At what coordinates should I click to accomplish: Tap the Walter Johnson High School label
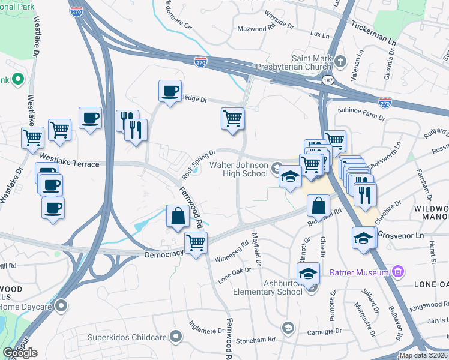click(238, 169)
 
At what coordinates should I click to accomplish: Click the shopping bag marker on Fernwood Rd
click(178, 216)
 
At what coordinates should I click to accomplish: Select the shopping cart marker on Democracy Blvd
click(196, 244)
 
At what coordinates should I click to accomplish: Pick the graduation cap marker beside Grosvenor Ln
click(363, 238)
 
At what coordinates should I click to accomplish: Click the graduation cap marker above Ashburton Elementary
click(308, 274)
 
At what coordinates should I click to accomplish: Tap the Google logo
click(20, 353)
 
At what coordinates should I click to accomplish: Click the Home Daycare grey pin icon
click(61, 306)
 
